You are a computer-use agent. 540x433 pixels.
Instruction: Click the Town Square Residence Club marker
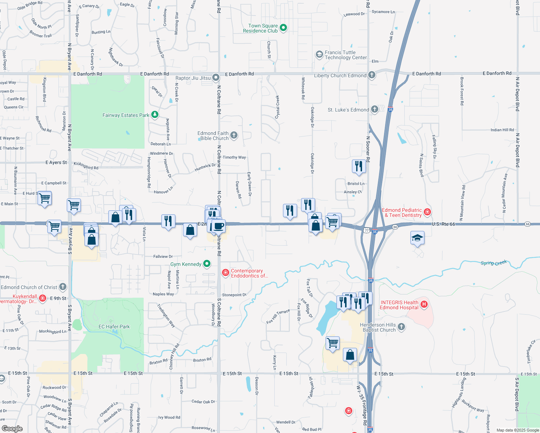pyautogui.click(x=283, y=27)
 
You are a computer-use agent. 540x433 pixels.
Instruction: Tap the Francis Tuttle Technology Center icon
pyautogui.click(x=319, y=54)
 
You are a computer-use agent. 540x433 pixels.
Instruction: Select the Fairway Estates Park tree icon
pyautogui.click(x=155, y=115)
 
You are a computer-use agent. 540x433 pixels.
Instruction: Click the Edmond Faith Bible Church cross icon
pyautogui.click(x=234, y=135)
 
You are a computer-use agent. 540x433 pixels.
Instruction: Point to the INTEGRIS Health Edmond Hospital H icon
pyautogui.click(x=424, y=305)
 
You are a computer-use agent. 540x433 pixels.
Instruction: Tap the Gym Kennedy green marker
pyautogui.click(x=207, y=264)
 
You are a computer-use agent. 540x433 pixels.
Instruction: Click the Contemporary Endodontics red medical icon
pyautogui.click(x=226, y=273)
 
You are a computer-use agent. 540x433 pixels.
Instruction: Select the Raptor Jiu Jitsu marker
pyautogui.click(x=216, y=78)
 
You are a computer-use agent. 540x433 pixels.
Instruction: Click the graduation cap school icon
pyautogui.click(x=417, y=238)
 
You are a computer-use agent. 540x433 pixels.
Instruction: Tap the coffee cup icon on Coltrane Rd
pyautogui.click(x=218, y=226)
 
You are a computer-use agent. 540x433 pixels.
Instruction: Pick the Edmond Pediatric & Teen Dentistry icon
pyautogui.click(x=427, y=212)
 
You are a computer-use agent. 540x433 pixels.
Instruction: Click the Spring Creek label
pyautogui.click(x=493, y=263)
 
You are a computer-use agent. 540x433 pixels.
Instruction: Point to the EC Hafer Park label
pyautogui.click(x=114, y=327)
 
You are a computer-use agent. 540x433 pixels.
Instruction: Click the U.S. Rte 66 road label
pyautogui.click(x=443, y=224)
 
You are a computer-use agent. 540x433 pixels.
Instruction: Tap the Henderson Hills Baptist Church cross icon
pyautogui.click(x=401, y=327)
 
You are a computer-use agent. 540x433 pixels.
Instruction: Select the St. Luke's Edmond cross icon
pyautogui.click(x=375, y=109)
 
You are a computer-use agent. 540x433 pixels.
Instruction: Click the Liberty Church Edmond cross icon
pyautogui.click(x=372, y=75)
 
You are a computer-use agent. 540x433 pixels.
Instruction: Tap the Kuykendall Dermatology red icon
pyautogui.click(x=43, y=298)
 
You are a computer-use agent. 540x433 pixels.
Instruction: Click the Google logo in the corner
pyautogui.click(x=12, y=428)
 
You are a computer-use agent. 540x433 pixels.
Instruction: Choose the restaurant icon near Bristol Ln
pyautogui.click(x=358, y=166)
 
